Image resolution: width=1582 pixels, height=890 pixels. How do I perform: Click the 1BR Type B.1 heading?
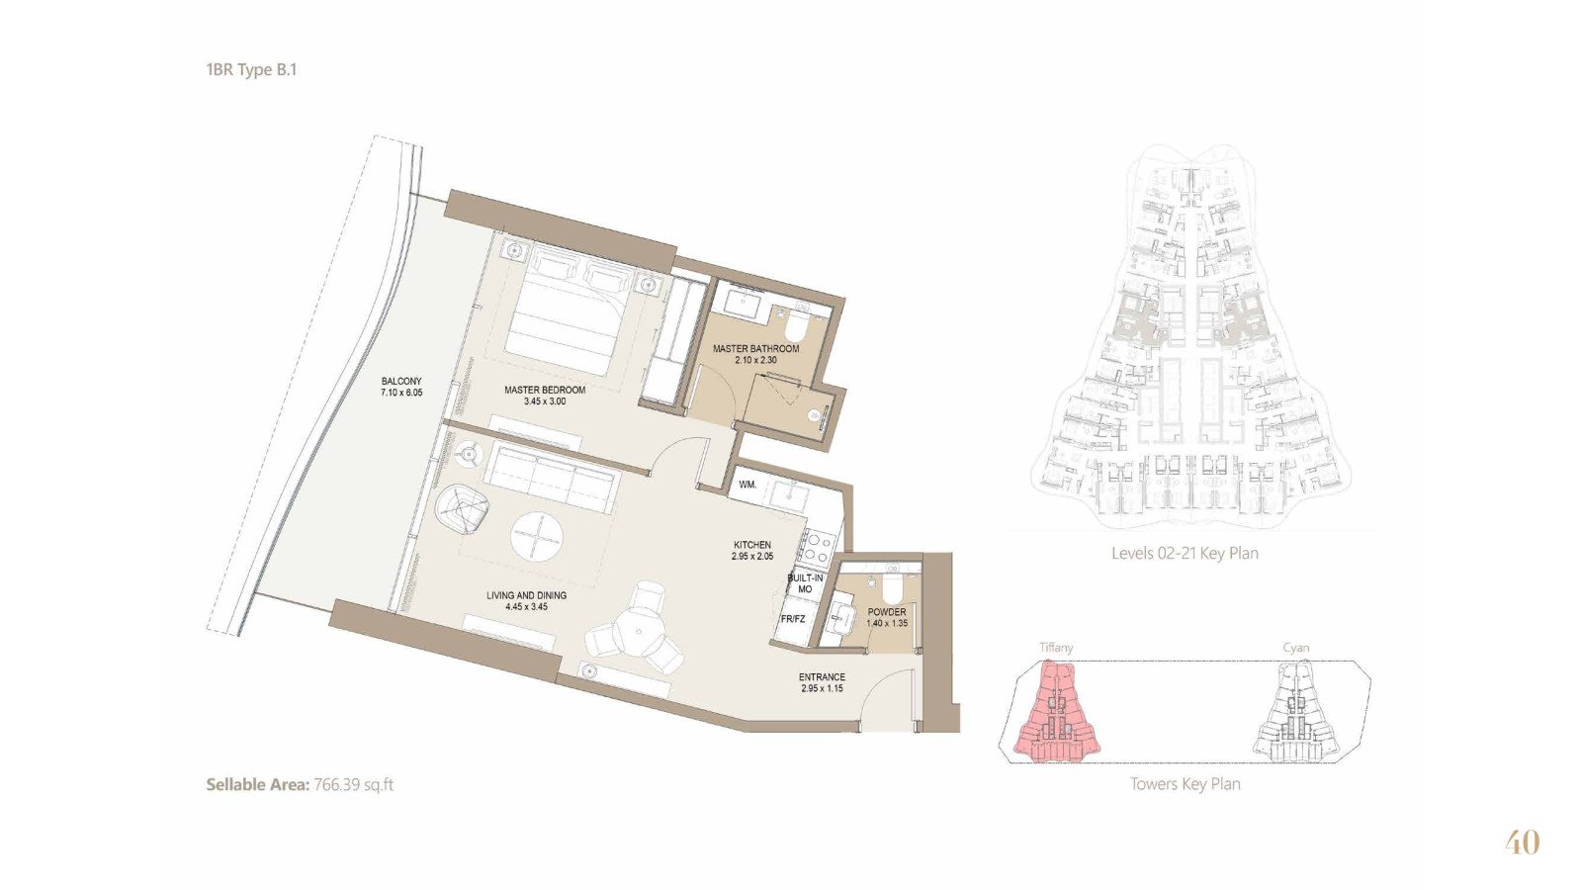[x=251, y=70]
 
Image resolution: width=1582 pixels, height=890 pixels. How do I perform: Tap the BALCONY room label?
[x=401, y=382]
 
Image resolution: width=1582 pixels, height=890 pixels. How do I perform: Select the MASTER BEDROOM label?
[x=545, y=390]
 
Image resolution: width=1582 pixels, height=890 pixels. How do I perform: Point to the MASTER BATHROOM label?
[x=755, y=349]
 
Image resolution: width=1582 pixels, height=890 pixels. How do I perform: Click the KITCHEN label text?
[x=752, y=545]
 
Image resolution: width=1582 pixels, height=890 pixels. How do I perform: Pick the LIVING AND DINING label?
[x=526, y=595]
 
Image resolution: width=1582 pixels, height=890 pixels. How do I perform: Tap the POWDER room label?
[x=887, y=612]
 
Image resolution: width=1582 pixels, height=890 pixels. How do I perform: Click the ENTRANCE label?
[x=822, y=676]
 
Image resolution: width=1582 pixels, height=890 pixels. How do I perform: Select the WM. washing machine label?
[x=747, y=485]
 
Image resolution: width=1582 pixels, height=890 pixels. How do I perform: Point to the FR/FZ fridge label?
[x=792, y=619]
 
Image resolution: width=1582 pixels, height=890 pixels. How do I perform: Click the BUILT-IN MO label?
[x=805, y=583]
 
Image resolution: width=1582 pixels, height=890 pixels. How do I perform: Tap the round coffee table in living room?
[x=538, y=536]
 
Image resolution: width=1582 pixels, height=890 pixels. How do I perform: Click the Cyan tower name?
[x=1295, y=648]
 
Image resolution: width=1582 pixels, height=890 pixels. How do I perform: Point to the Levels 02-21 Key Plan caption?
[x=1185, y=553]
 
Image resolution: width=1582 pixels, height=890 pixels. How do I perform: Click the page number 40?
[x=1523, y=843]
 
